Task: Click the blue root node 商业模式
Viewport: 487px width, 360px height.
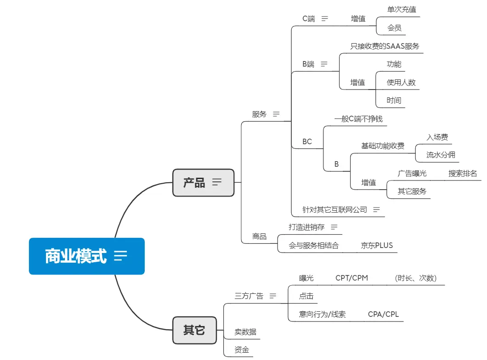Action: [86, 256]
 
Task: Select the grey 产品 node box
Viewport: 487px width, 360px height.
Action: [203, 183]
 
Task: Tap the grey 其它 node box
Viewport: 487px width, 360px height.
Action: [194, 330]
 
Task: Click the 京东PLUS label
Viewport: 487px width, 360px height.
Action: [377, 245]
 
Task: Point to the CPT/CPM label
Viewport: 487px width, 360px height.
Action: [351, 278]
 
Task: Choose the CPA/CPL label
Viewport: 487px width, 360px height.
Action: [383, 314]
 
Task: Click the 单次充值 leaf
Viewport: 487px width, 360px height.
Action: [402, 9]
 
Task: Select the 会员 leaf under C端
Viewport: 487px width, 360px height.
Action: [394, 28]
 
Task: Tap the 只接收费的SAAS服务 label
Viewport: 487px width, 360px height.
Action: [385, 46]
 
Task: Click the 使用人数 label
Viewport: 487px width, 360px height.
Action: [401, 82]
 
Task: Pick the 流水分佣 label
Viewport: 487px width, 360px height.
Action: [441, 155]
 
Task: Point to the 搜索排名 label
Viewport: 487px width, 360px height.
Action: [463, 173]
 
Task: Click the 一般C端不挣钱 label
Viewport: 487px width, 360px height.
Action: [358, 119]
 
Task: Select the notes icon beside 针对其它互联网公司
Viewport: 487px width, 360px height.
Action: [377, 209]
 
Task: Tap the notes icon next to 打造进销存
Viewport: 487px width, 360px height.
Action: [334, 227]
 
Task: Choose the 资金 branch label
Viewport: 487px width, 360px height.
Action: [242, 349]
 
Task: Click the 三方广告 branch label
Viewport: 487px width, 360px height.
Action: [249, 296]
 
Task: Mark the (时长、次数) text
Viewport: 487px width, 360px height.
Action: [415, 278]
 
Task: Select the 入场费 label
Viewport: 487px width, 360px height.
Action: [437, 137]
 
